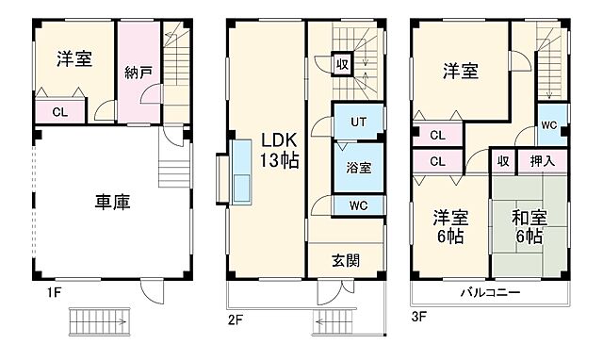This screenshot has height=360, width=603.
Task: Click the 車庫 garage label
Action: pyautogui.click(x=111, y=201)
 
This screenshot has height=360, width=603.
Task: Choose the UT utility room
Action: pyautogui.click(x=358, y=122)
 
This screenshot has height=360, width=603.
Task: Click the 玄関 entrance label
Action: pyautogui.click(x=345, y=260)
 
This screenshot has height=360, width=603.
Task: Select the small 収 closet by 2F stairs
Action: pyautogui.click(x=345, y=65)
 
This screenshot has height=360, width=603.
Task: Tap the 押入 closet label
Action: pyautogui.click(x=543, y=161)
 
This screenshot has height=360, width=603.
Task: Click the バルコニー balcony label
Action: pyautogui.click(x=491, y=293)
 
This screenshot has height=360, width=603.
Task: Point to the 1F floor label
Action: pyautogui.click(x=54, y=292)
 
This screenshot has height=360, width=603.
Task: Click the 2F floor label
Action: pyautogui.click(x=236, y=319)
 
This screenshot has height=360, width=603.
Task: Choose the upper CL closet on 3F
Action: pyautogui.click(x=437, y=136)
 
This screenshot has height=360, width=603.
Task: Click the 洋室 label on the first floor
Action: pyautogui.click(x=73, y=58)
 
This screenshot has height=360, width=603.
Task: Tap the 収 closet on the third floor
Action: pyautogui.click(x=503, y=161)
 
